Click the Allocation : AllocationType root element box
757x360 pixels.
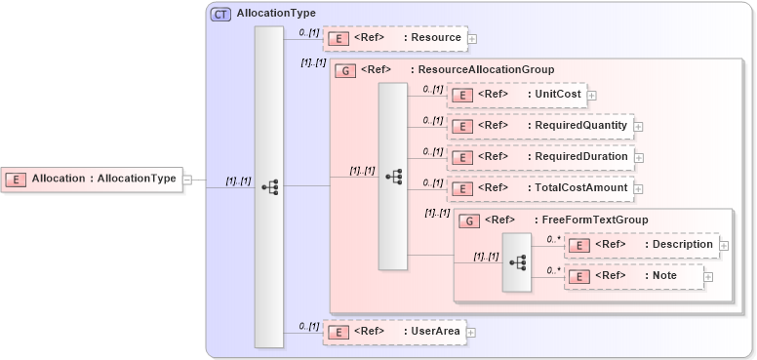[93, 179]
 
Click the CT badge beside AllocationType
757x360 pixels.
[220, 14]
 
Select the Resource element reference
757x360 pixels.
[395, 38]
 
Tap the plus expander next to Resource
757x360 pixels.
[473, 39]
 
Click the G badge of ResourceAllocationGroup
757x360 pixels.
[344, 70]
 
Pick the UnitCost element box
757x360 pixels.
[517, 95]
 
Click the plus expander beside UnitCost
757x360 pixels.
[592, 96]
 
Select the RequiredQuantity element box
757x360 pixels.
[539, 126]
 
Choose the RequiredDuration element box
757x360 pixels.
[539, 157]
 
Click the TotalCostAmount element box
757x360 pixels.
[539, 187]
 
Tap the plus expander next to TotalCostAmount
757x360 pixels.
[639, 188]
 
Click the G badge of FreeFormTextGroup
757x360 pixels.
[468, 220]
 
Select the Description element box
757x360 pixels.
[641, 245]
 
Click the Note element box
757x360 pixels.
[634, 276]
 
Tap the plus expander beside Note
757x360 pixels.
[708, 277]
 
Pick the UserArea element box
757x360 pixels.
[394, 332]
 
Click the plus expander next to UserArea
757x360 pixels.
[471, 333]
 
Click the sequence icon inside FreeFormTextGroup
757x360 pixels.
[517, 262]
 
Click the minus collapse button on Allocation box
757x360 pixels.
[187, 180]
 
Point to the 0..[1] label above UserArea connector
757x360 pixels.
[308, 326]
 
